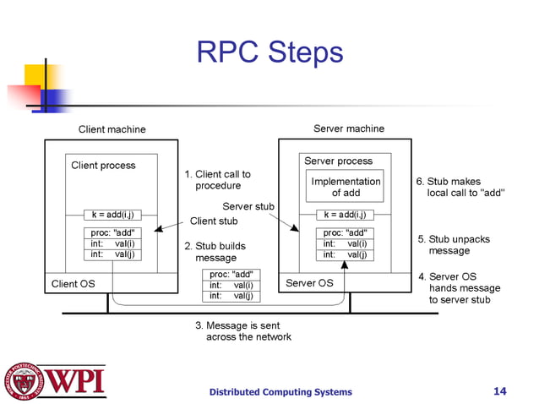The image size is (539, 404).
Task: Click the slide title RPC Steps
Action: coord(269,52)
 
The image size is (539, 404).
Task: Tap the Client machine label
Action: coord(112,129)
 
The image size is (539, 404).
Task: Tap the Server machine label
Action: coord(348,128)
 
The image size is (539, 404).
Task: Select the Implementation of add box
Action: coord(346,187)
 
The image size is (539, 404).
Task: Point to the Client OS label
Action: coord(73,284)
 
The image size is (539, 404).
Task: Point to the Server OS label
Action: coord(309,283)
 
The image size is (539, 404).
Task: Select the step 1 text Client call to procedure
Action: coord(218,180)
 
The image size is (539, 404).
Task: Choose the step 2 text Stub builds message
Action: coord(215,252)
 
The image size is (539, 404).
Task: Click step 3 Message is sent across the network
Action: coord(243,331)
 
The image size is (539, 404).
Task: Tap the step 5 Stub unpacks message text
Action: coord(454,245)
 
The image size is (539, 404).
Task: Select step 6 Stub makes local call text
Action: coord(460,187)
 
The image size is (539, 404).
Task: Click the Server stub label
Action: coord(248,206)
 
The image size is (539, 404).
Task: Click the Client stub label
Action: coord(214,221)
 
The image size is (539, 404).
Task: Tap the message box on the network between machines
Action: coord(231,286)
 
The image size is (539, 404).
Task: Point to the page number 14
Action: coord(499,390)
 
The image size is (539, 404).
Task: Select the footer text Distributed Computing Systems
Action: coord(280,391)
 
